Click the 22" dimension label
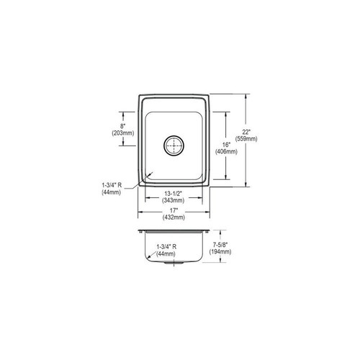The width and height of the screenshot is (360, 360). point(246,132)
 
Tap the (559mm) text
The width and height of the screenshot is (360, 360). point(246,139)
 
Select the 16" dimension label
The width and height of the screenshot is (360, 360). point(226,145)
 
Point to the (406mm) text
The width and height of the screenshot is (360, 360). point(226,151)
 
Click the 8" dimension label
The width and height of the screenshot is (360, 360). point(123,126)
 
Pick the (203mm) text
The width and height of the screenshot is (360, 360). point(123,132)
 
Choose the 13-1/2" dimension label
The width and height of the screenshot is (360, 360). point(174,194)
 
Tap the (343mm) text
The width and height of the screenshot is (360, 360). point(174,200)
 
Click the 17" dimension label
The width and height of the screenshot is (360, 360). point(174,210)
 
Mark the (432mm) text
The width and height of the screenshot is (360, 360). point(174,217)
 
